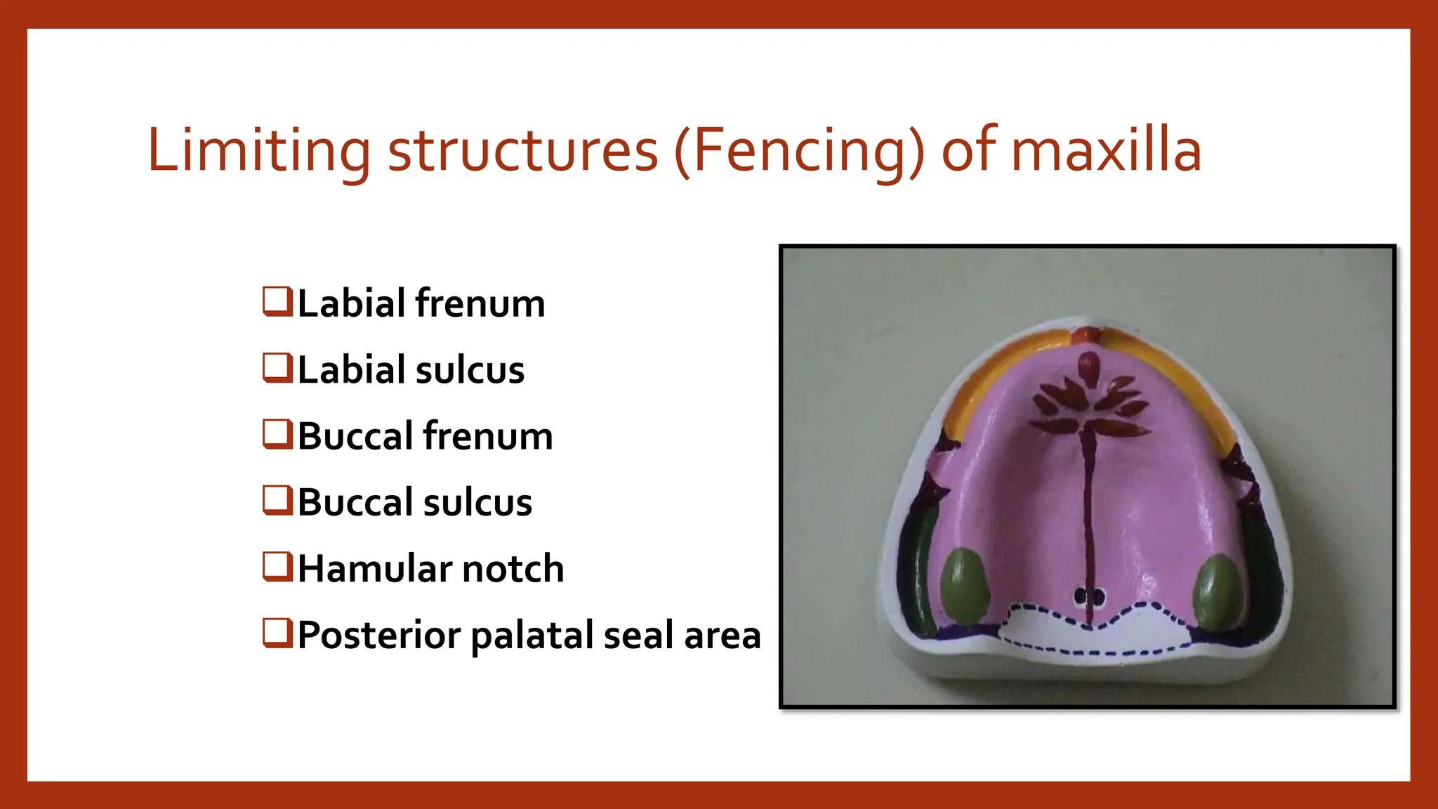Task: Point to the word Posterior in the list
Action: pyautogui.click(x=379, y=636)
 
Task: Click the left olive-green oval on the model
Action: pyautogui.click(x=965, y=586)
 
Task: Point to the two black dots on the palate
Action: pyautogui.click(x=1089, y=597)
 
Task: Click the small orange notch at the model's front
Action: pyautogui.click(x=1085, y=334)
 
